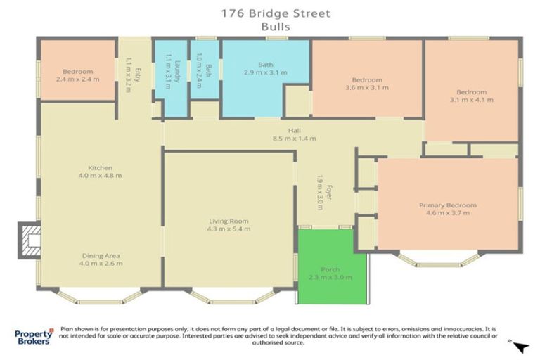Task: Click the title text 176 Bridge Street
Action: [x=276, y=12]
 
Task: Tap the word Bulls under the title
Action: [x=276, y=25]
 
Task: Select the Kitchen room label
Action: [x=101, y=168]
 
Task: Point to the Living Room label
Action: [x=228, y=221]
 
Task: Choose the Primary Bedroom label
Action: [x=448, y=205]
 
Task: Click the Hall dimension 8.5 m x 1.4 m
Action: [x=294, y=139]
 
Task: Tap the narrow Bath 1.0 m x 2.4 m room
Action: [x=206, y=70]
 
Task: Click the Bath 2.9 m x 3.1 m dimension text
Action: [x=265, y=72]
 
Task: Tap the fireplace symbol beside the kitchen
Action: [x=29, y=240]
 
